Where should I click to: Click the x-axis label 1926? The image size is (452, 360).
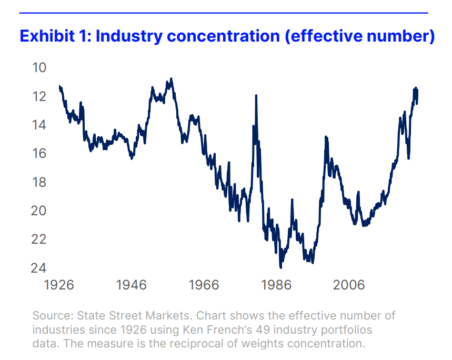[59, 285]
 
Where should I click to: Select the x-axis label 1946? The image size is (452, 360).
[132, 285]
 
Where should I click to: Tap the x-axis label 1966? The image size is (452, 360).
[204, 285]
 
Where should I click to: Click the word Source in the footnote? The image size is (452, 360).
[52, 316]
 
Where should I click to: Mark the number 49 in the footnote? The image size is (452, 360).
[285, 330]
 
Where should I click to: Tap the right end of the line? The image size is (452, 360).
[417, 103]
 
